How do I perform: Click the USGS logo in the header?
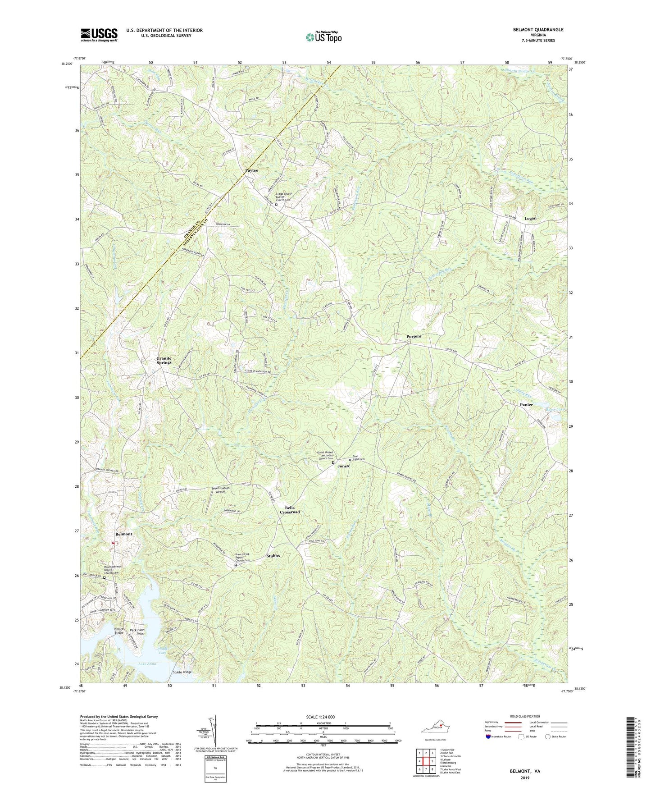99,35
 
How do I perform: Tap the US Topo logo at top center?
323,37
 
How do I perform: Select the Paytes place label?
251,170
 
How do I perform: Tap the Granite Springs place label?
164,360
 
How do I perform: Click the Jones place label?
343,466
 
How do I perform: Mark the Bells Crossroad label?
290,510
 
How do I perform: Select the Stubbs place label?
273,556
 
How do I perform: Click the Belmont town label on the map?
123,534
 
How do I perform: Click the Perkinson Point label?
137,631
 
